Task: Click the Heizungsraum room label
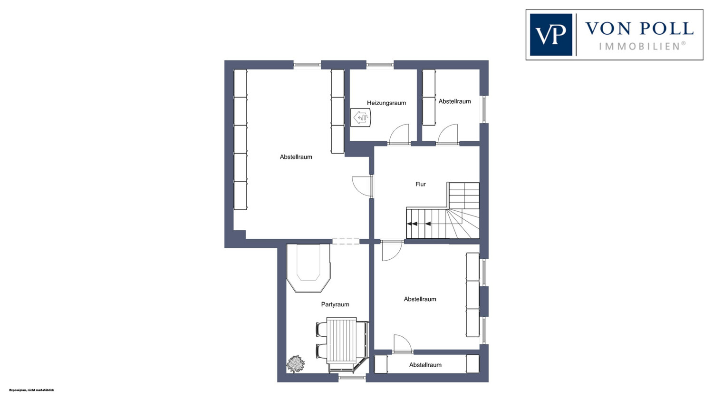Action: click(386, 103)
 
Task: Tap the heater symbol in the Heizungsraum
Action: click(361, 117)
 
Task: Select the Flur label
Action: click(421, 184)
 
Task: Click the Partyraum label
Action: click(335, 304)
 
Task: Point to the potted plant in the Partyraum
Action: click(296, 364)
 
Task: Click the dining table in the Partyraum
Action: click(342, 340)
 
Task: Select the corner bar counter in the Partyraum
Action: click(308, 268)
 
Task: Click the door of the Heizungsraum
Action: click(399, 134)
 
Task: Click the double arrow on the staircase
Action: click(413, 224)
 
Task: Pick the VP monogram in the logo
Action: click(551, 35)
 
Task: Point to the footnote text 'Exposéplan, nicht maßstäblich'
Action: click(31, 390)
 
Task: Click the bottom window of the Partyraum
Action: click(352, 378)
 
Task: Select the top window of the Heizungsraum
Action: click(380, 65)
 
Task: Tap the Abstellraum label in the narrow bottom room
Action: click(425, 365)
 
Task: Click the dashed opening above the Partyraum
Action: click(346, 242)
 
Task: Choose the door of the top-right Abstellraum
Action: click(448, 134)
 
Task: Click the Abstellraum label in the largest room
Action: click(296, 156)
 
